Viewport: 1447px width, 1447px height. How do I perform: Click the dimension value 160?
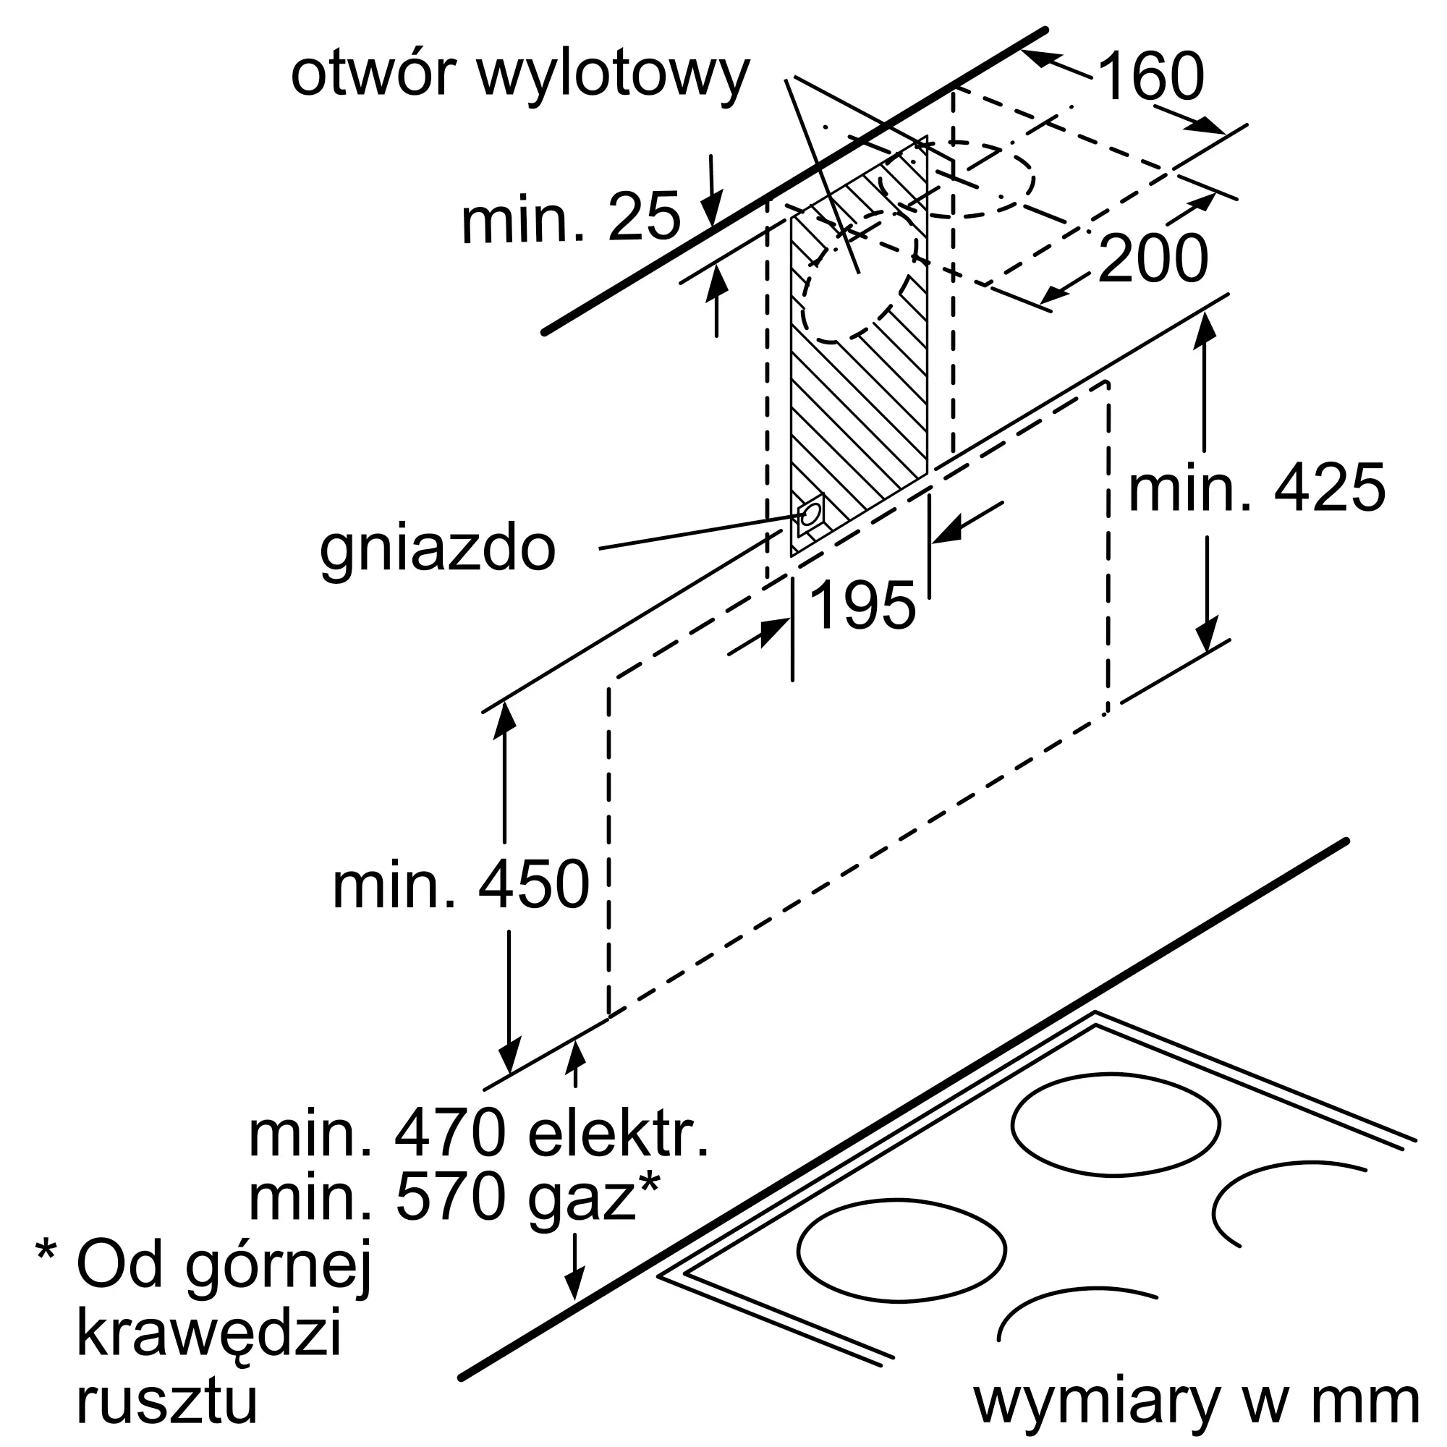tap(1152, 77)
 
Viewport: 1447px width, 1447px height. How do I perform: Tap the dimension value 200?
tap(1153, 258)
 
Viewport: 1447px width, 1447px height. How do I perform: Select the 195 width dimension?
tap(863, 605)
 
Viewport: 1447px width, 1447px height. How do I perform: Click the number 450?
tap(534, 885)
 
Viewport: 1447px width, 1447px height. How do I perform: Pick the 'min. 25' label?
tap(571, 218)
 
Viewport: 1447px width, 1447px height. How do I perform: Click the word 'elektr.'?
tap(619, 1134)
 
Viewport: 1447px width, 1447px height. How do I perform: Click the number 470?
tap(450, 1135)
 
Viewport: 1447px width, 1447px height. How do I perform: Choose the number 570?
tap(450, 1198)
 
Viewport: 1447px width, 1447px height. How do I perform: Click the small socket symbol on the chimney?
tap(810, 514)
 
